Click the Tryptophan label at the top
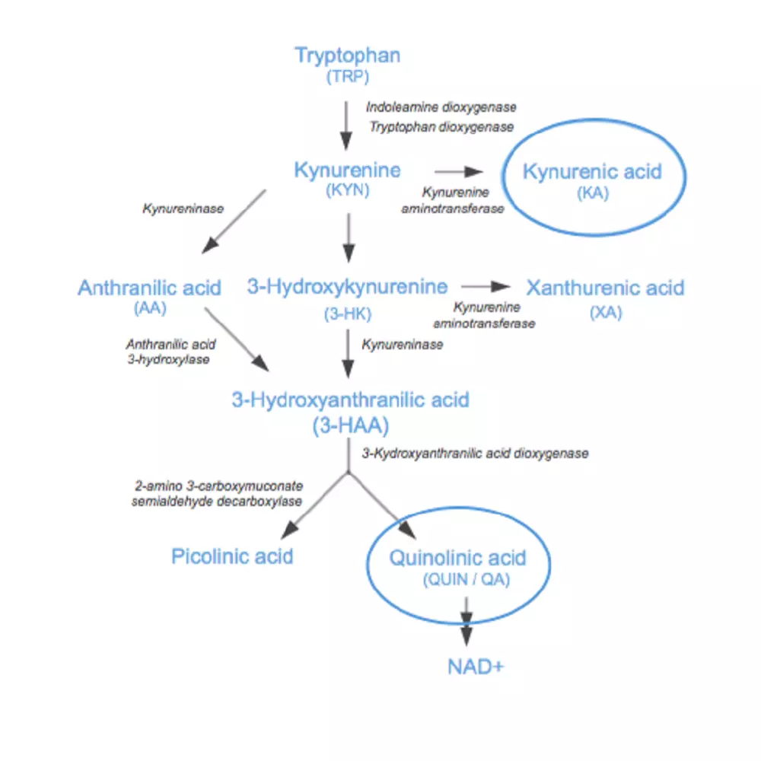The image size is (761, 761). pos(348,56)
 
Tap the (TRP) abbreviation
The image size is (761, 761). pos(348,76)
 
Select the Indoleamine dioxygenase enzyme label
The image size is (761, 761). pos(441,107)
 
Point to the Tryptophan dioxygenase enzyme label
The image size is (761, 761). pos(441,126)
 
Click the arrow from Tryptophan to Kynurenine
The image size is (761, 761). pos(346,126)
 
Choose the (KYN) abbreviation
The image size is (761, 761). pos(348,189)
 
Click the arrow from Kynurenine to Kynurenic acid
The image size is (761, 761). pos(459,171)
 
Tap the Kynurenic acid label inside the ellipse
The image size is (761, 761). pos(592,171)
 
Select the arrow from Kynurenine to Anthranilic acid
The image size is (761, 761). pos(234,221)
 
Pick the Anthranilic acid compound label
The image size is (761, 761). pos(149,288)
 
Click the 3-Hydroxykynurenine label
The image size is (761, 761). pos(348,287)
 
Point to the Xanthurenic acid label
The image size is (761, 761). pos(605,288)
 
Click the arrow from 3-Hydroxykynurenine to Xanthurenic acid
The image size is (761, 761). pos(486,286)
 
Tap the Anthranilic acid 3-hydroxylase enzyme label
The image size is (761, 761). pos(170,352)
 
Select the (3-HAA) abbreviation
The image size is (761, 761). pos(350,425)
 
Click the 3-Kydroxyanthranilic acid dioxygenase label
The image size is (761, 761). pos(475,454)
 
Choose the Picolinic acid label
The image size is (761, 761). pos(232,556)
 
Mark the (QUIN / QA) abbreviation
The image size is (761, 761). pos(466,579)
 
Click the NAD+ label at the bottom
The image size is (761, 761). pos(476,667)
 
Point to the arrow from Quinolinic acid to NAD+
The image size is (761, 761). pos(466,621)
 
